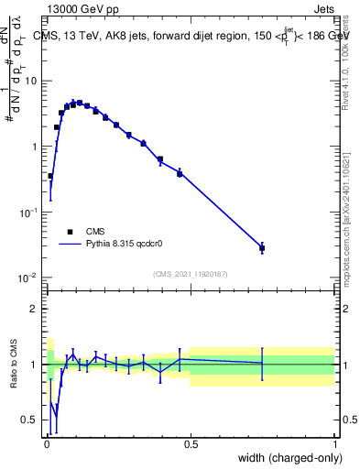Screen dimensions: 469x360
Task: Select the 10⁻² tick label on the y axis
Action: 29,278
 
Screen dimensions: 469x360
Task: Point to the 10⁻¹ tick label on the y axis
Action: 29,212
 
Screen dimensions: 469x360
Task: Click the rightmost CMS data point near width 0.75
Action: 262,248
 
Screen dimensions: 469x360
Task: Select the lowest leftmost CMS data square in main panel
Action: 50,176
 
